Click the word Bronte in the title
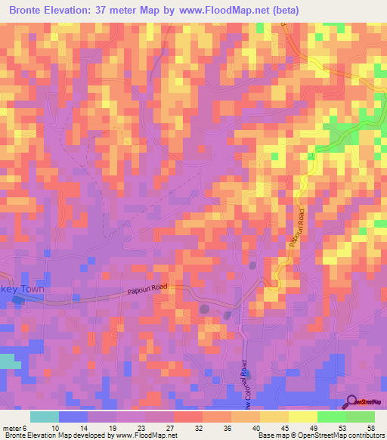click(x=29, y=11)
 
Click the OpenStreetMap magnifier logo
click(x=352, y=402)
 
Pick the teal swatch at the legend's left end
click(x=45, y=417)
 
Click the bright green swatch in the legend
click(x=331, y=417)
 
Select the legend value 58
click(x=370, y=428)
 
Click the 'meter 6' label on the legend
click(x=17, y=428)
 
